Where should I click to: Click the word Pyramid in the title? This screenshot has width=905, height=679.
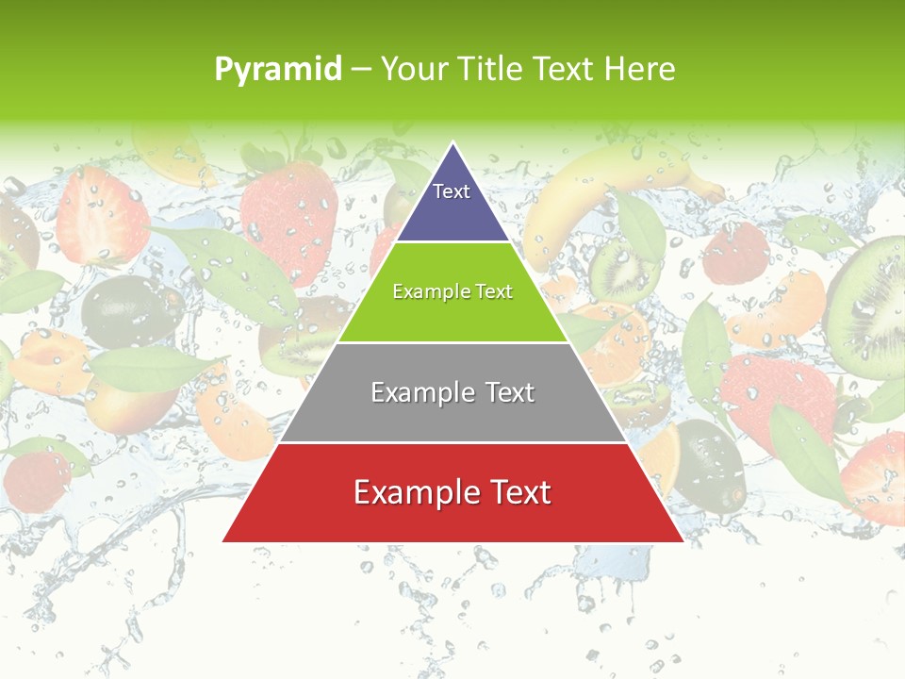click(x=278, y=70)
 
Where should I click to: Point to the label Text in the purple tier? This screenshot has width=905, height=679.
click(x=452, y=191)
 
